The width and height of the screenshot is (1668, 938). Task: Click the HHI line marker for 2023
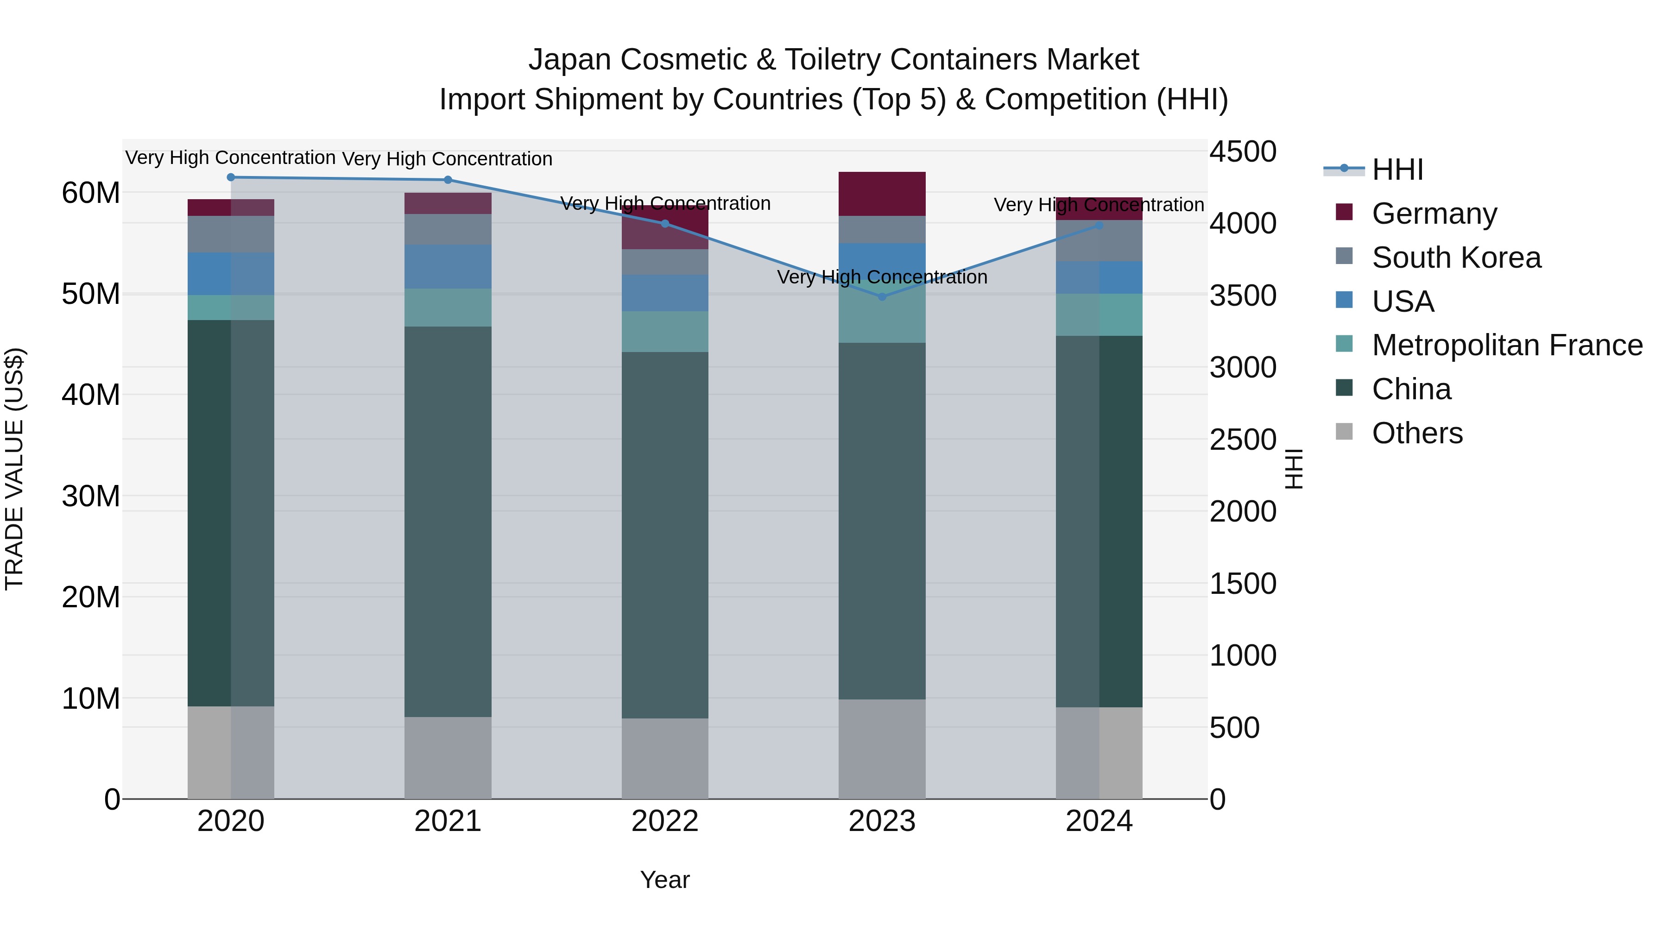pos(882,296)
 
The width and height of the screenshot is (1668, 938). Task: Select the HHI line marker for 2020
pos(231,177)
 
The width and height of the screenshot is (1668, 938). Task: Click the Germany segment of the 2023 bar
pos(882,194)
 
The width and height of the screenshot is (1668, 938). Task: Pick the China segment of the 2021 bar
pos(448,521)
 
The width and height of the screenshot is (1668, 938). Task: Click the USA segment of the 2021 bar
pos(448,267)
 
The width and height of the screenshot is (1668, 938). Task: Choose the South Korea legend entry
pos(1456,258)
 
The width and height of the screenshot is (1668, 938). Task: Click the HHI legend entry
pos(1397,170)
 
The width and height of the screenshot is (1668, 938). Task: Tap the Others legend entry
pos(1417,433)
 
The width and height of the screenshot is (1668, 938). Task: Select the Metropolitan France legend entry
pos(1507,346)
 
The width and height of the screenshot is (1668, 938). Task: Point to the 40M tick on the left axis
pos(91,395)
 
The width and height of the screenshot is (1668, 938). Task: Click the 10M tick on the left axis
pos(91,699)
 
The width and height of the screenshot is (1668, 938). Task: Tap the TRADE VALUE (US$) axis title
pos(14,469)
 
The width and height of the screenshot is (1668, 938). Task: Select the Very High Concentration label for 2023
pos(882,277)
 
